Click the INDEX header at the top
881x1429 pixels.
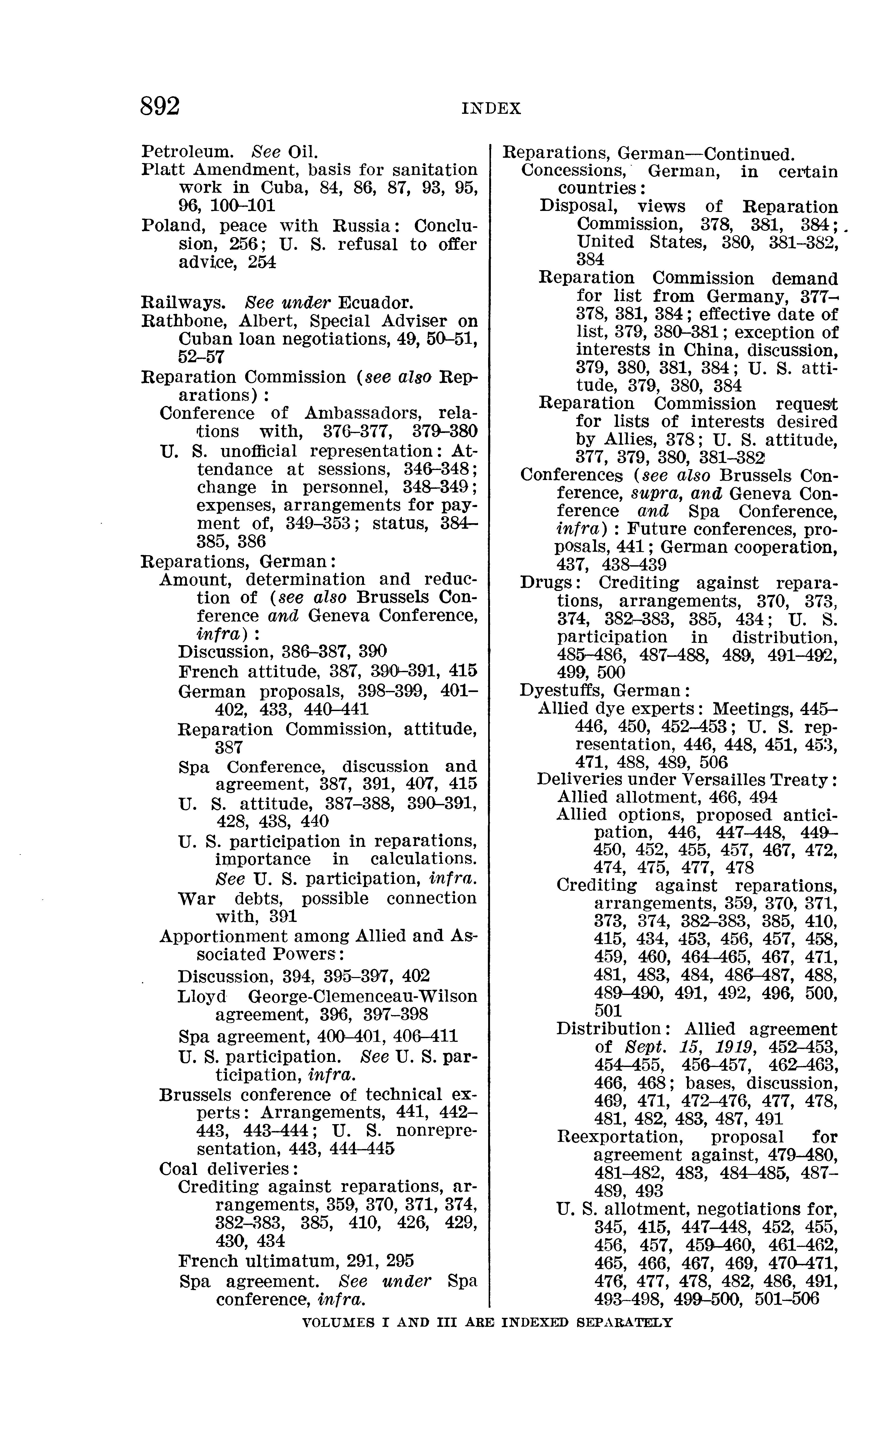(x=491, y=108)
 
